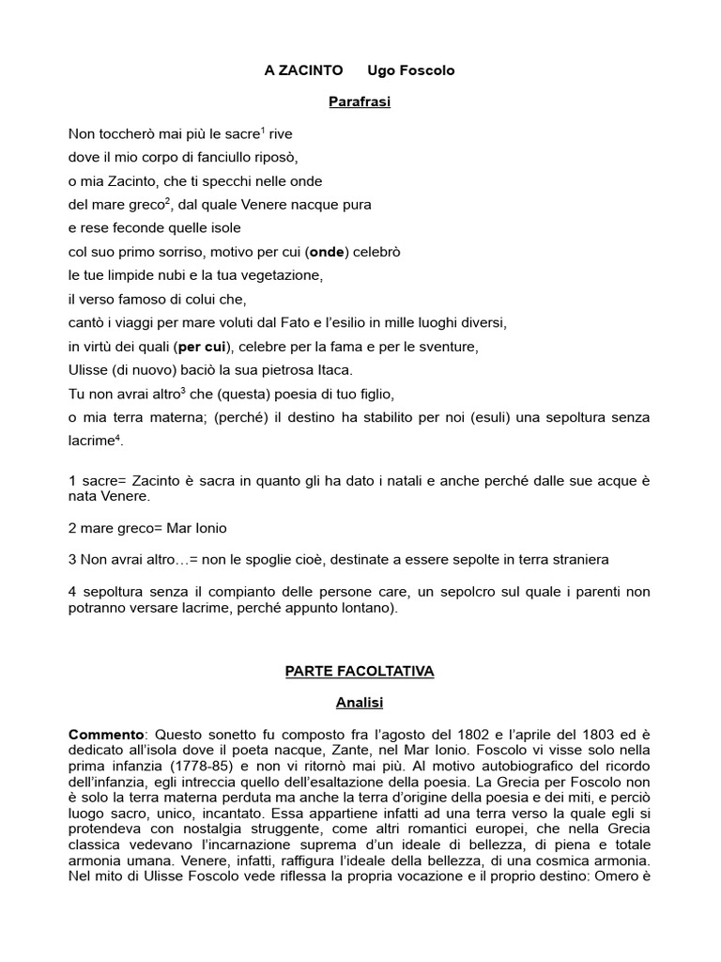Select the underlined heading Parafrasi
[360, 101]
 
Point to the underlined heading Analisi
[360, 701]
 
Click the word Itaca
[330, 370]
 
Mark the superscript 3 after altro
[183, 389]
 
